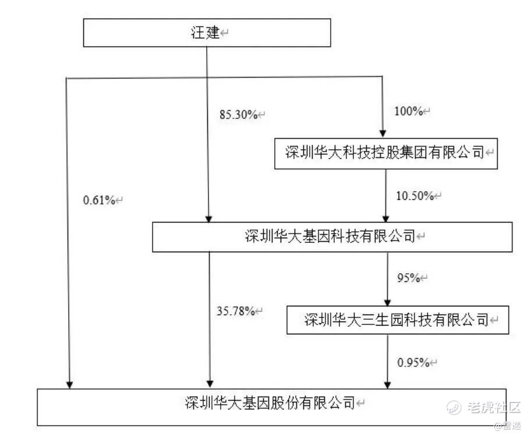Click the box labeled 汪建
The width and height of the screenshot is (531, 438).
point(207,33)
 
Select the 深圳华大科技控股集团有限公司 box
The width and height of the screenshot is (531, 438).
point(386,153)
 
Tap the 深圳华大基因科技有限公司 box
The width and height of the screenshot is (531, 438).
point(332,236)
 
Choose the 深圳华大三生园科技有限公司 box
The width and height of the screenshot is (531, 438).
point(398,320)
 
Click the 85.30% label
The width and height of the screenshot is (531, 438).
point(238,115)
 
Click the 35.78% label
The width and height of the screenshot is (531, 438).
point(235,311)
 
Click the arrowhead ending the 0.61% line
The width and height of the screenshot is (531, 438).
point(69,384)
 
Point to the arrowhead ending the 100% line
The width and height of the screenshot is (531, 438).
point(382,133)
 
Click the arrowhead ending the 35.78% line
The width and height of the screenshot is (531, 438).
point(210,384)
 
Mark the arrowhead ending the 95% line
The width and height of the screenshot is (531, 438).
point(387,302)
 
